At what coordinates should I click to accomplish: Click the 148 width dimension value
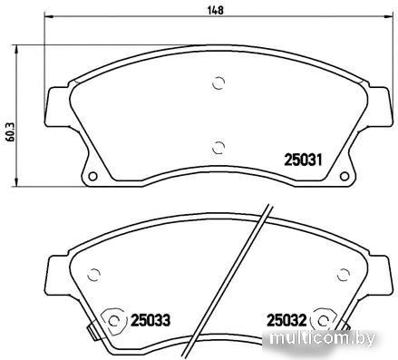click(x=216, y=10)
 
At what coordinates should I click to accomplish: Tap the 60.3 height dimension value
click(x=11, y=132)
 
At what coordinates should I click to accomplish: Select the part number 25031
click(x=303, y=160)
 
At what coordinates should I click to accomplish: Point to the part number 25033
click(x=150, y=320)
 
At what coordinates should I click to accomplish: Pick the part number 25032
click(x=286, y=320)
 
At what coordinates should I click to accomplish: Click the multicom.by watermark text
click(x=323, y=338)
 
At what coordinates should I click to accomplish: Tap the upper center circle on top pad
click(x=218, y=83)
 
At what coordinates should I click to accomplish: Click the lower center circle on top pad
click(x=218, y=148)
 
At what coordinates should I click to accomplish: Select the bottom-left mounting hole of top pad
click(x=92, y=176)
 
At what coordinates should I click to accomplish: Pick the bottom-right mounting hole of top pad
click(x=345, y=176)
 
